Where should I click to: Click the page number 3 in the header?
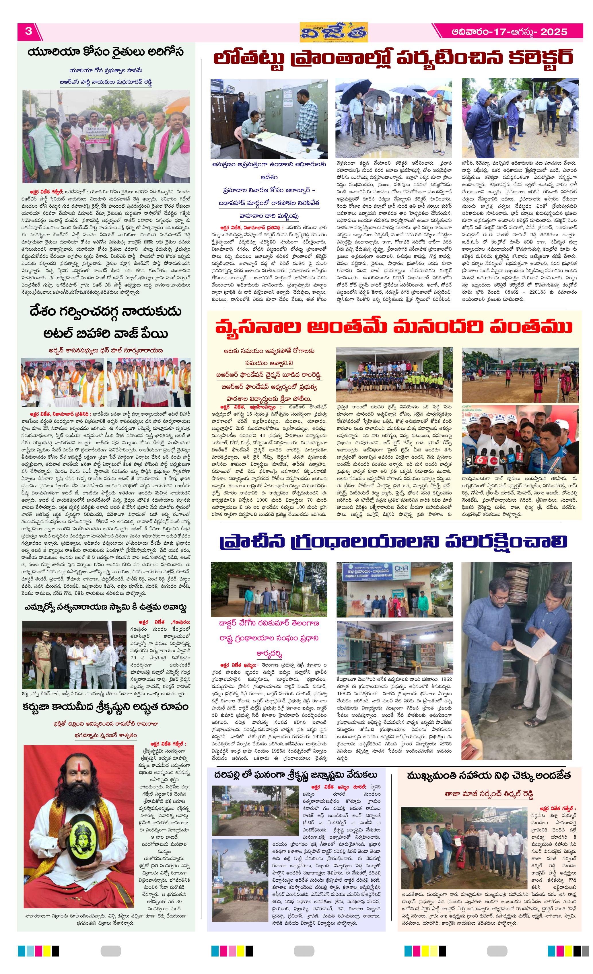(28, 31)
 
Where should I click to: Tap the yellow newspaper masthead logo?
(333, 32)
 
